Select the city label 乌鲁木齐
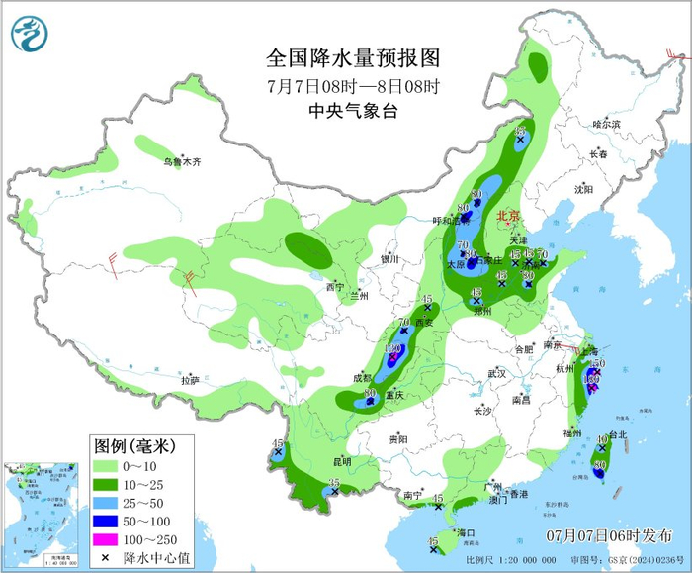181,161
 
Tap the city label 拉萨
190,380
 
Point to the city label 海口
466,532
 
